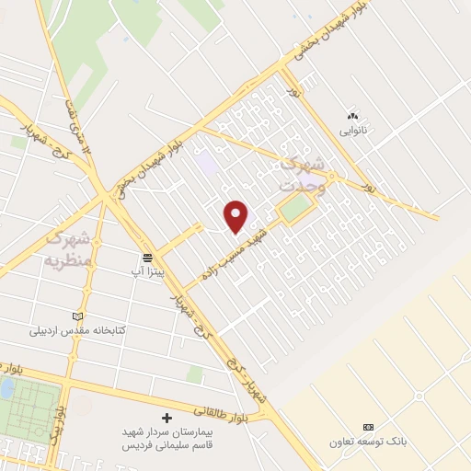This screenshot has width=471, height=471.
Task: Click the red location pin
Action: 237,217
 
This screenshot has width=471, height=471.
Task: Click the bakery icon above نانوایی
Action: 351,117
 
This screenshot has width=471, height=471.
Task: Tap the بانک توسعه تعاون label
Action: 368,442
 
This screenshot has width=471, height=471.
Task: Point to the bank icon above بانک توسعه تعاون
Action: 368,428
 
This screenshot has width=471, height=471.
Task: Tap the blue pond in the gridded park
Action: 6,388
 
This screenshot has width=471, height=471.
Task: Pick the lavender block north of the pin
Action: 207,166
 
